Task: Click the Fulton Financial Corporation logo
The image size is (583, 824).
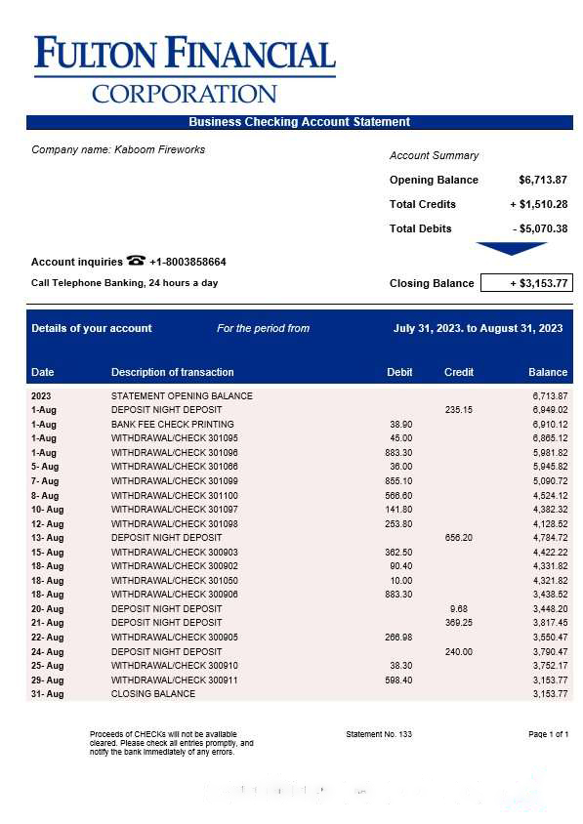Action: [x=185, y=69]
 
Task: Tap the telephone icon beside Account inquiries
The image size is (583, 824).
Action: [x=136, y=261]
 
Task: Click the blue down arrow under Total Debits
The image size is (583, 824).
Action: [x=512, y=248]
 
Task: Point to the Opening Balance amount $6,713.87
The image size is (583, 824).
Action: [x=543, y=180]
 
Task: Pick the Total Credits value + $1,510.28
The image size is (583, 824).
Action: [x=538, y=204]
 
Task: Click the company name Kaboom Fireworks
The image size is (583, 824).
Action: [x=159, y=149]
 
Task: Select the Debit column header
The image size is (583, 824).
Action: [x=399, y=372]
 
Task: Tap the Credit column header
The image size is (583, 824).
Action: [x=459, y=372]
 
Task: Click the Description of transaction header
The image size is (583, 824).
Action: [x=173, y=372]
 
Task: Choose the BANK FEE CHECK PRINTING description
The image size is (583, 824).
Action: [x=173, y=425]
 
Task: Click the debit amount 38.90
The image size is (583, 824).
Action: [x=400, y=425]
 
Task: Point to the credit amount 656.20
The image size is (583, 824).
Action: [x=459, y=538]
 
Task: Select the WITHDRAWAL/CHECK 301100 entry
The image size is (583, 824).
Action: [x=175, y=496]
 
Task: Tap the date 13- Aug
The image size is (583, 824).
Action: [x=47, y=538]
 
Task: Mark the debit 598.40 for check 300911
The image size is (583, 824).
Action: [x=398, y=680]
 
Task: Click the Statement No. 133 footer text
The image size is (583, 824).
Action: [x=379, y=734]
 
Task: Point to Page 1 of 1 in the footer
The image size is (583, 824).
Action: [x=548, y=734]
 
